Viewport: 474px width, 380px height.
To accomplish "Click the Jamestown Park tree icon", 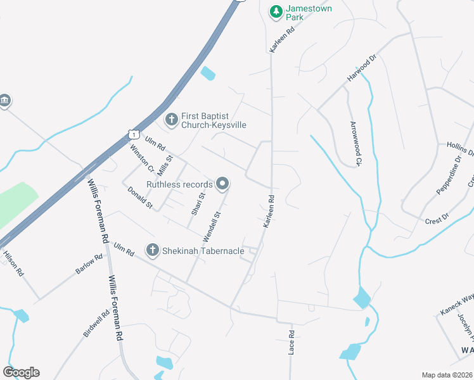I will click(276, 11).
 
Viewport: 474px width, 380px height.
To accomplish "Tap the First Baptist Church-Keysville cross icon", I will click(171, 119).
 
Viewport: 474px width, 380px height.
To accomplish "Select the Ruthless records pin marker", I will click(222, 184).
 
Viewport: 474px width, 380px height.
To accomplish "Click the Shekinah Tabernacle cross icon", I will click(152, 251).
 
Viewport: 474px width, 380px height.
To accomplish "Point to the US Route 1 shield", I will click(133, 133).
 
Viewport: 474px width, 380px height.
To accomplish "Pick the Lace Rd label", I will click(292, 341).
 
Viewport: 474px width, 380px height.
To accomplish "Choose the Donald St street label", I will click(140, 198).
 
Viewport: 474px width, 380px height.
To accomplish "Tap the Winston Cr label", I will click(141, 158).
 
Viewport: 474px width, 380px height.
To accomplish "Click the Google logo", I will click(21, 372).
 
